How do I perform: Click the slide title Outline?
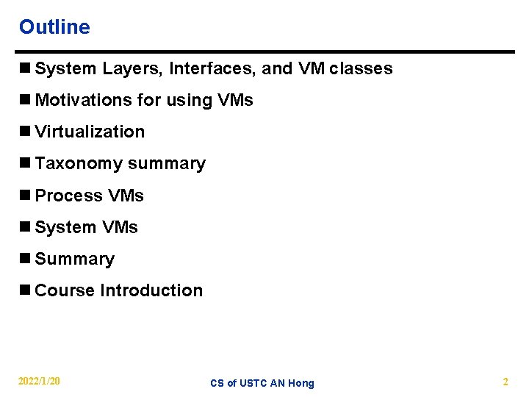[54, 27]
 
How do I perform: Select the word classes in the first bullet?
[361, 69]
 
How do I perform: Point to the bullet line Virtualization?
[90, 132]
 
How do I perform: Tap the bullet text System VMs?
[86, 227]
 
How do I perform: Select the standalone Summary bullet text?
[74, 259]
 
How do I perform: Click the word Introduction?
[151, 290]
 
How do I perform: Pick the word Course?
[65, 290]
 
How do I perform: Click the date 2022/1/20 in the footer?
[40, 382]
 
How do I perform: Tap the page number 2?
[505, 382]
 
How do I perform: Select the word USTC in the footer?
[253, 383]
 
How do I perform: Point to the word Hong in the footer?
[301, 383]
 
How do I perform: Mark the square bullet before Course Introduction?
[24, 290]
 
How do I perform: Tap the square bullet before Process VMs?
[24, 196]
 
